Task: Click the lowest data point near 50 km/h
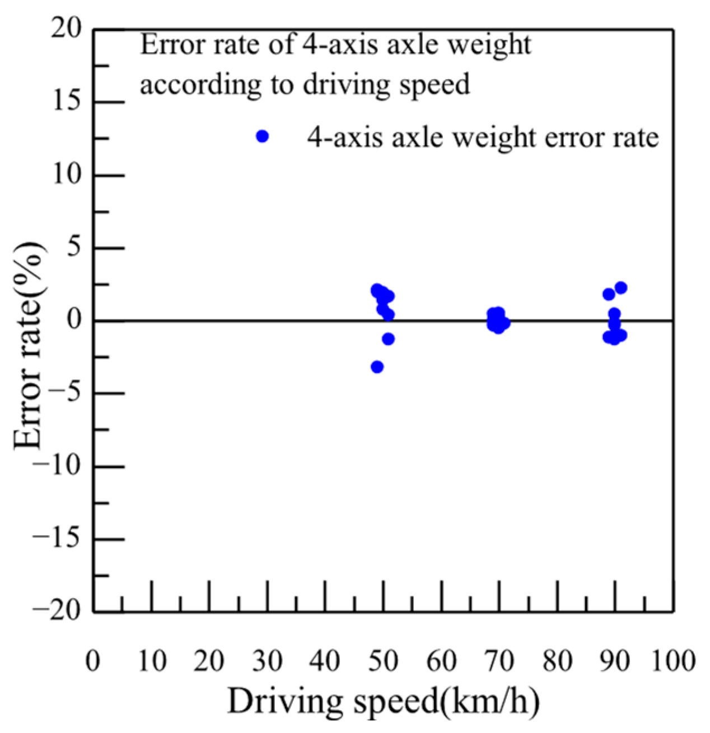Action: point(377,367)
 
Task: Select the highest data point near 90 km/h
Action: point(620,288)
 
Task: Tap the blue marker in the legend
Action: point(262,137)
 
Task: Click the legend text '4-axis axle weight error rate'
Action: point(483,137)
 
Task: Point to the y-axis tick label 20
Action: point(66,29)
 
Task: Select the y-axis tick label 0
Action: point(74,320)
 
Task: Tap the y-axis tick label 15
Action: point(66,102)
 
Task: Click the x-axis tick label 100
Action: point(672,661)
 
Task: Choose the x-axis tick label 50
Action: point(383,661)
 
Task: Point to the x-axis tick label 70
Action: point(499,661)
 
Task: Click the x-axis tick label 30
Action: point(267,661)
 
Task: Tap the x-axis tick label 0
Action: point(93,661)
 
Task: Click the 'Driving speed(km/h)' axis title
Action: point(384,701)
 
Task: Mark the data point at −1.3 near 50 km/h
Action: point(389,339)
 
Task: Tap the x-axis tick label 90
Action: point(614,661)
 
